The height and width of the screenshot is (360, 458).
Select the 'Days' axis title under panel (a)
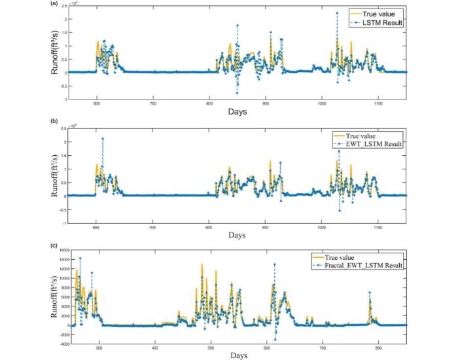coord(237,113)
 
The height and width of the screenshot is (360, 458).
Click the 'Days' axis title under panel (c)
coord(238,355)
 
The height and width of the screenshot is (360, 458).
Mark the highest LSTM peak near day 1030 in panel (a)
coord(337,12)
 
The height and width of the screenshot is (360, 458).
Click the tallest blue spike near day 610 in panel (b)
coord(102,139)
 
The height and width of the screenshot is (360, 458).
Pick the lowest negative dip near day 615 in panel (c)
coord(275,340)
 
